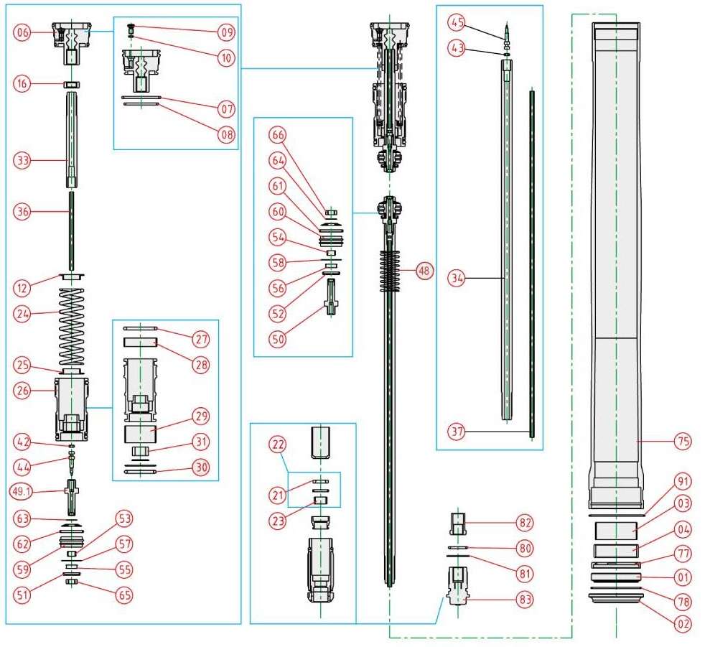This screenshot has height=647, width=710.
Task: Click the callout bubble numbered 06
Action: coord(23,33)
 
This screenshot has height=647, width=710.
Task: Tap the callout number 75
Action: coord(683,442)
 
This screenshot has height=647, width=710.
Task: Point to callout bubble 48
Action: coord(424,271)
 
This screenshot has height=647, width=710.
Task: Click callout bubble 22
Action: coord(276,445)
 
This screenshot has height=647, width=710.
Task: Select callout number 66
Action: coord(278,134)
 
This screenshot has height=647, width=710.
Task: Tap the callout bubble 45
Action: coord(456,23)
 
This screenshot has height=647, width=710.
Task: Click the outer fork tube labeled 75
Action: coord(615,251)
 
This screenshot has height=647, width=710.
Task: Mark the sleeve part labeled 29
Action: coord(140,434)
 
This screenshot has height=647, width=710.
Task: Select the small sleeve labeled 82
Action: coord(457,523)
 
